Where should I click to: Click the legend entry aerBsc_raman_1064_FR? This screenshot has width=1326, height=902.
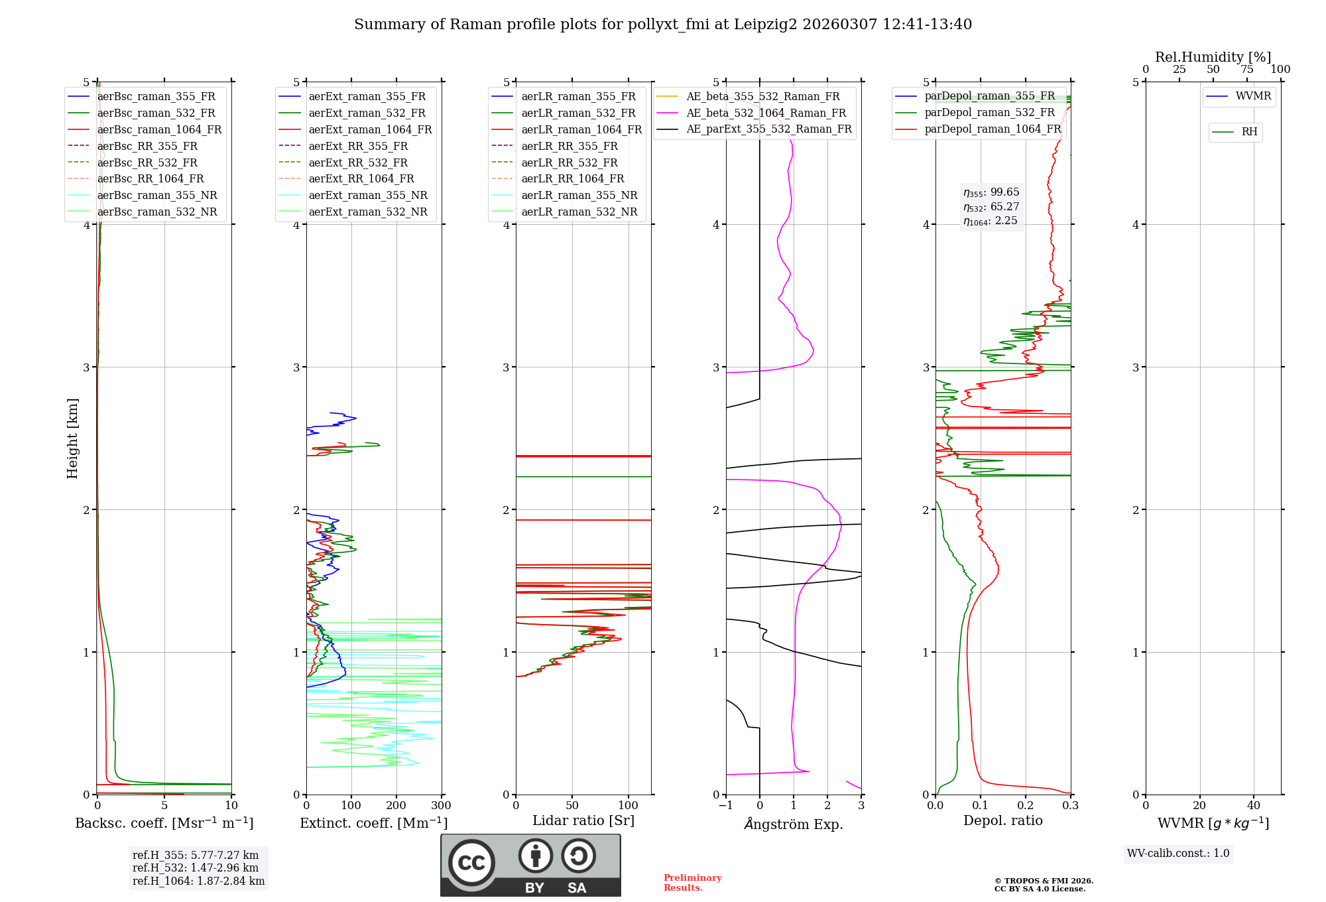coord(159,129)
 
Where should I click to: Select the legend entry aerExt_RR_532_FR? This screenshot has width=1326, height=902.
coord(358,162)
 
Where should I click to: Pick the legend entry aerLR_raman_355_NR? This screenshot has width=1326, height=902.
coord(579,195)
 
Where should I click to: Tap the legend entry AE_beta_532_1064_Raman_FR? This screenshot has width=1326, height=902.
coord(766,113)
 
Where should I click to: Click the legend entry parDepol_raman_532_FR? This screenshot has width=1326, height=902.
coord(989,112)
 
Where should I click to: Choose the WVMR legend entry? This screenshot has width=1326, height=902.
coord(1253,96)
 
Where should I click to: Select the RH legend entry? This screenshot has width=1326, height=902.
coord(1249,131)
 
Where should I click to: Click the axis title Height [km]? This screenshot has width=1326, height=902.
coord(72,438)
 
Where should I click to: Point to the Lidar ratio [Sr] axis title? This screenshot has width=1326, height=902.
coord(583,820)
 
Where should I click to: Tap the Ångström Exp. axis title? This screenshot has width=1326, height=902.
coord(794,824)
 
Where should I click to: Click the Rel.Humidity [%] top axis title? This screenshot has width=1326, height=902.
coord(1213,57)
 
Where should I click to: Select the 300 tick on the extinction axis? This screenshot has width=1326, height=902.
coord(442,805)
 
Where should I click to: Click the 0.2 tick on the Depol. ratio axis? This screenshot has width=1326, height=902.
coord(1026,805)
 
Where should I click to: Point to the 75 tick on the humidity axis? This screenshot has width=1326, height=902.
coord(1247,69)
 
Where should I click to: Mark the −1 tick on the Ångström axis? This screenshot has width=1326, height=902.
coord(725,805)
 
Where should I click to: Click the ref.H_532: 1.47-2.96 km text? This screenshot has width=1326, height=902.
coord(196,868)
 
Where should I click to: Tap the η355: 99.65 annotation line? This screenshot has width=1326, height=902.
coord(991,192)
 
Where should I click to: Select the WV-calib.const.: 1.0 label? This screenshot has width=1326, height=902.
coord(1178,853)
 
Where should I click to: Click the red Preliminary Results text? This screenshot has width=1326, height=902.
coord(692,882)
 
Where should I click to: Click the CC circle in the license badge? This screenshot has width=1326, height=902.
coord(471,863)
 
